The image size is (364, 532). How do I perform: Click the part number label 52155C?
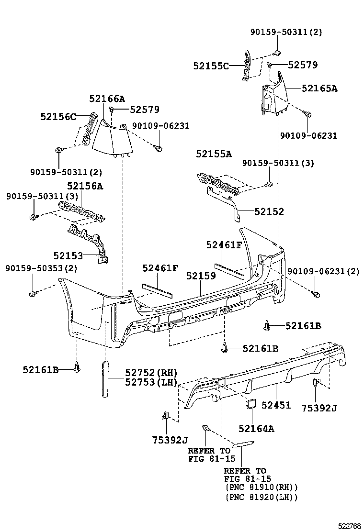click(x=211, y=66)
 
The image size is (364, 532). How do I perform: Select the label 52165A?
click(x=319, y=88)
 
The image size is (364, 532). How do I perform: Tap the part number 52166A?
click(x=107, y=99)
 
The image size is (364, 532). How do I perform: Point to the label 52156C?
click(x=58, y=116)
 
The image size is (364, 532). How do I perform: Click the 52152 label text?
click(x=269, y=211)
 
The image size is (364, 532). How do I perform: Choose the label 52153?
click(x=68, y=255)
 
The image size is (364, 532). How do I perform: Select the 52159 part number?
click(x=201, y=276)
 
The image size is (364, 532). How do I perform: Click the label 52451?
click(x=276, y=405)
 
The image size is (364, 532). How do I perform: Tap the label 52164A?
click(x=256, y=429)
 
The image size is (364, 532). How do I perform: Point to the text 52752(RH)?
click(x=151, y=373)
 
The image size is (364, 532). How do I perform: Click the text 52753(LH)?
click(x=151, y=382)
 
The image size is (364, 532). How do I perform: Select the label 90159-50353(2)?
click(x=41, y=268)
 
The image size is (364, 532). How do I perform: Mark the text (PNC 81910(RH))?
click(x=261, y=487)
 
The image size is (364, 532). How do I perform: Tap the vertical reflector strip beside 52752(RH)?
click(x=105, y=379)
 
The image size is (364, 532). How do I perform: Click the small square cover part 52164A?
click(x=251, y=405)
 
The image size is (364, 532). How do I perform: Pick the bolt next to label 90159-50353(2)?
click(x=33, y=293)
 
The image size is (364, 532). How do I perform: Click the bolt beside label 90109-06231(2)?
click(x=315, y=293)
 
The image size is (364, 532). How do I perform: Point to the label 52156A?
click(x=85, y=186)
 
